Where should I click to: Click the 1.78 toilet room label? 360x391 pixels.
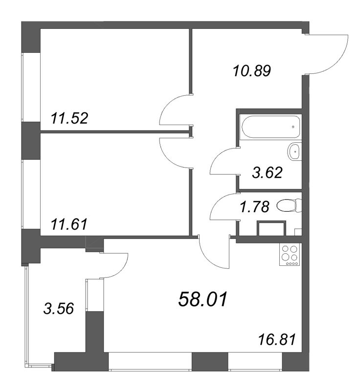pos(255,207)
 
